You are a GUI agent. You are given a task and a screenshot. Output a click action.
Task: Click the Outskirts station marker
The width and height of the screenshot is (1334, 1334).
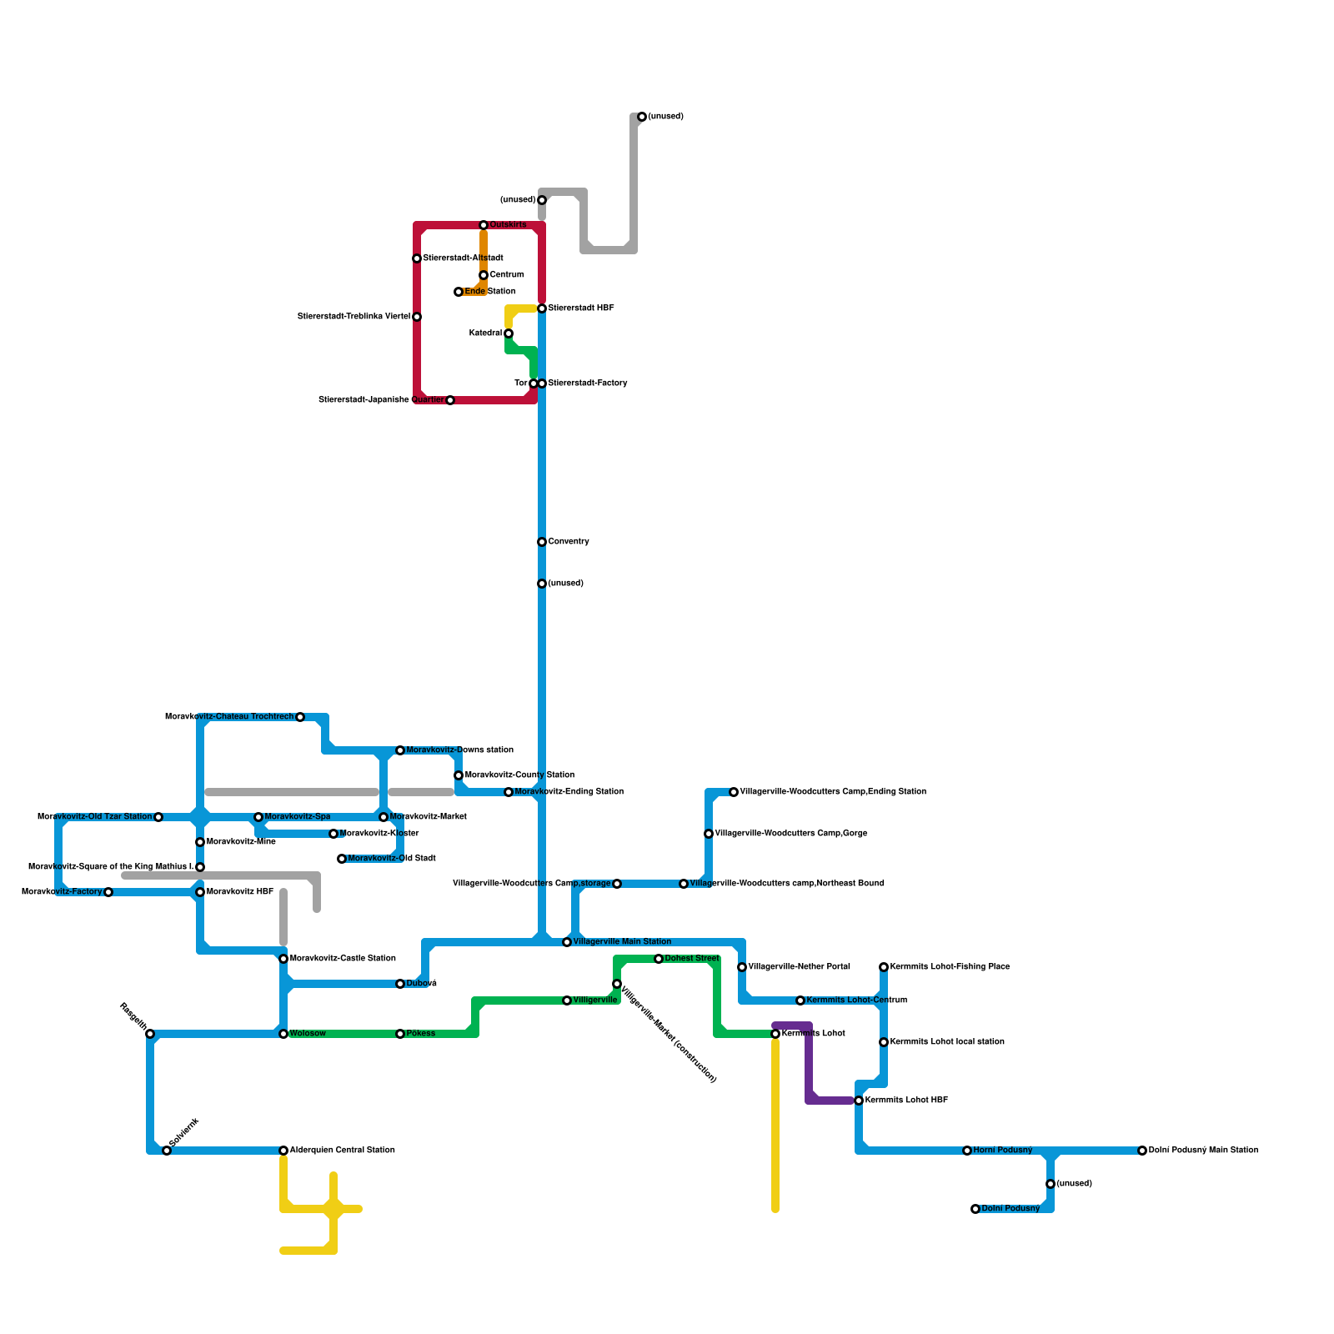click(x=484, y=225)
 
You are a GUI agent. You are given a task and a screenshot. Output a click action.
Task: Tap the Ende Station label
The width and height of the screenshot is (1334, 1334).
click(x=489, y=292)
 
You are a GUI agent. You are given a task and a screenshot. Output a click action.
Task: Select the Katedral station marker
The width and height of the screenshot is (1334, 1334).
click(x=509, y=333)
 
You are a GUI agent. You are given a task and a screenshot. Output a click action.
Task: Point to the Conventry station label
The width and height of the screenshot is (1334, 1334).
click(x=568, y=542)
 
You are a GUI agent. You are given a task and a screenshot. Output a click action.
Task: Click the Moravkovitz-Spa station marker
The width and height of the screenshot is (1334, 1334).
click(x=258, y=817)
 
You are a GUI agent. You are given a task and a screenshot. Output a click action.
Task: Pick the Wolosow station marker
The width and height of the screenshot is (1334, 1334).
click(x=283, y=1034)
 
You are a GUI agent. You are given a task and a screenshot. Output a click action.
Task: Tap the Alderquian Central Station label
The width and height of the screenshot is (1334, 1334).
click(x=342, y=1151)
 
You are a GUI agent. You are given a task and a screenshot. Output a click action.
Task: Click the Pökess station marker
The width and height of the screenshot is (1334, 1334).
click(x=400, y=1034)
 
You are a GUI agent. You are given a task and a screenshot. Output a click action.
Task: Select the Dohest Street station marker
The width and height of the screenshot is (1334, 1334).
click(x=659, y=959)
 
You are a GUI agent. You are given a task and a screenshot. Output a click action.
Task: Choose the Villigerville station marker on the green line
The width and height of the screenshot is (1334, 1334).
click(x=567, y=1000)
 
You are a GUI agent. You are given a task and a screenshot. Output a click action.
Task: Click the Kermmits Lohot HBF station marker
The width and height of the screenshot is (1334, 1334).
click(x=859, y=1101)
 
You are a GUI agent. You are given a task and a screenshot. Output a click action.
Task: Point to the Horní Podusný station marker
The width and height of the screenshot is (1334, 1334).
click(x=967, y=1151)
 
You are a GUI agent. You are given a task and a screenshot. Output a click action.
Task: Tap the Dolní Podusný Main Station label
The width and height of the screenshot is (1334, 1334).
click(x=1203, y=1151)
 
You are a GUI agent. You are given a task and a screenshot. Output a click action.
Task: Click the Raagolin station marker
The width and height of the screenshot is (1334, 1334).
click(x=150, y=1034)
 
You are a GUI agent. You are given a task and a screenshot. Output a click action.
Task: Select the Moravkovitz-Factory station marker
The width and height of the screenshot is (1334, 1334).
click(x=108, y=892)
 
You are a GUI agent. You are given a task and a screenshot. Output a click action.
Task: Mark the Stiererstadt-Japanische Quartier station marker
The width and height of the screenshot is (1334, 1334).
click(x=450, y=400)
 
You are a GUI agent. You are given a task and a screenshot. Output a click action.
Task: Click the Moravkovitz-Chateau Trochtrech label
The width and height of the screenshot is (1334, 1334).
click(x=229, y=717)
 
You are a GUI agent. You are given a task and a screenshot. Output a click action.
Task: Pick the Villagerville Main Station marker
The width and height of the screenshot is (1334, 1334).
click(x=567, y=942)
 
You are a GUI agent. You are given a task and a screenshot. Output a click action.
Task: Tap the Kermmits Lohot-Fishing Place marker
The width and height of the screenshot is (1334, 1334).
click(x=884, y=967)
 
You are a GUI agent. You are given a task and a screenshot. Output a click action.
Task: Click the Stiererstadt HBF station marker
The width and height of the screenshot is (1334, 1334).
click(x=542, y=308)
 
